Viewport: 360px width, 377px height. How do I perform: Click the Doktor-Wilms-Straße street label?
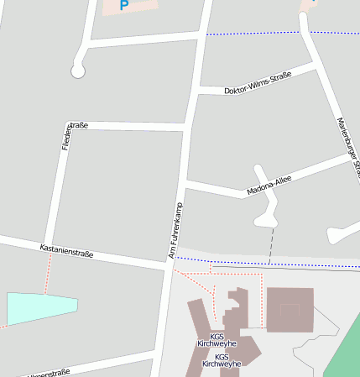pos(258,83)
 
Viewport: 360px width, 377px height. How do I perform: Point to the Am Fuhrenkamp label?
pos(177,229)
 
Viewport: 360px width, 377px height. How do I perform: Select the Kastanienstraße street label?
pos(66,250)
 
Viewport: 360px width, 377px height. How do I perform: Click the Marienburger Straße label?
pos(347,147)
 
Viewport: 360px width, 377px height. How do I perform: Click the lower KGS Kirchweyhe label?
pos(222,360)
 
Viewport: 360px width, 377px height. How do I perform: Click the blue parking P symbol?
pos(124,5)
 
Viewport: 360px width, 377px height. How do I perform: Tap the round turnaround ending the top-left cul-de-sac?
pos(78,71)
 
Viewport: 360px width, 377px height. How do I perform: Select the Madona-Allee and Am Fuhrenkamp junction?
pos(185,181)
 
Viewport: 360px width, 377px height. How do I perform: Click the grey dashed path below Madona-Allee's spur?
pos(271,243)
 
